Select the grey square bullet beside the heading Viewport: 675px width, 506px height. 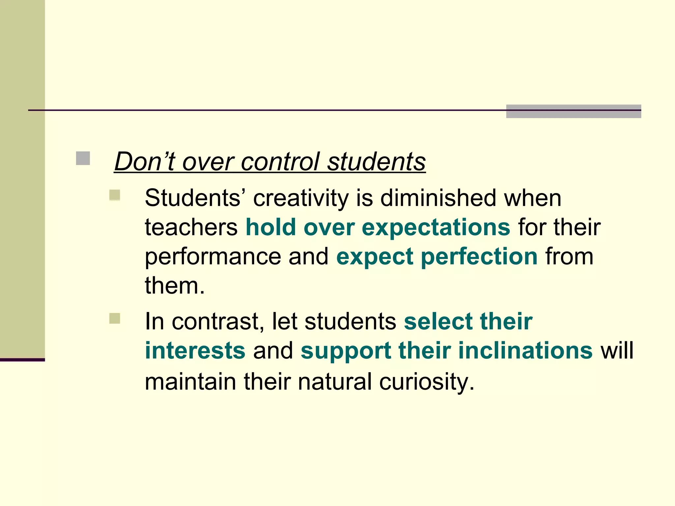83,158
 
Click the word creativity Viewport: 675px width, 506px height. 301,199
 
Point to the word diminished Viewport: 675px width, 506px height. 438,198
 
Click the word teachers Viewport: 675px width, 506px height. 191,227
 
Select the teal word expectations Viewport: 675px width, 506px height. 436,228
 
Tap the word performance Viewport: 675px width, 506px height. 213,257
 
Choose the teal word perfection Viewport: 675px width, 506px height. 479,257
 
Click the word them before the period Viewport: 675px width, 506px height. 171,285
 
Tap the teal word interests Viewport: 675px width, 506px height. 195,350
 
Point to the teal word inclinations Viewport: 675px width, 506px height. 525,350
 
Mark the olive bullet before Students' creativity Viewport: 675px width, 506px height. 115,195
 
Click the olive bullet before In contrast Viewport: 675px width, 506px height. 115,319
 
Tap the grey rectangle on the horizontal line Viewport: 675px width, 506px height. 573,111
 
